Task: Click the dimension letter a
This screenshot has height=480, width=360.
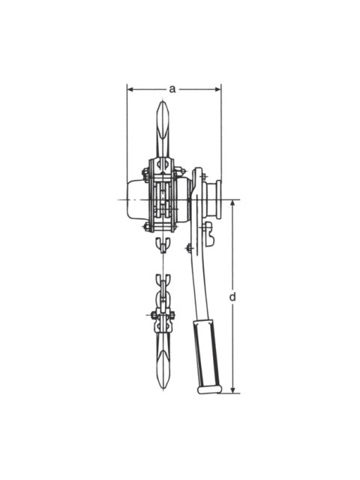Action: (x=172, y=89)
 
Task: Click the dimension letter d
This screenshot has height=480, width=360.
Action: (x=232, y=297)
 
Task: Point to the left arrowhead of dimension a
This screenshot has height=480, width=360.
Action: (x=130, y=89)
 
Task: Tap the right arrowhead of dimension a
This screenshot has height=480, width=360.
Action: (x=217, y=89)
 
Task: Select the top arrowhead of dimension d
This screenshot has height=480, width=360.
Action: (x=232, y=203)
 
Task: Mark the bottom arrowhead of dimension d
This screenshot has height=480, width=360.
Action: (x=232, y=389)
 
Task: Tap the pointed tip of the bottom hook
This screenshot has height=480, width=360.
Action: (x=163, y=387)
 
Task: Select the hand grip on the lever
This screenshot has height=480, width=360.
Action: (x=206, y=353)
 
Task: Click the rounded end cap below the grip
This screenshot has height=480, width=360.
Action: (x=210, y=389)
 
